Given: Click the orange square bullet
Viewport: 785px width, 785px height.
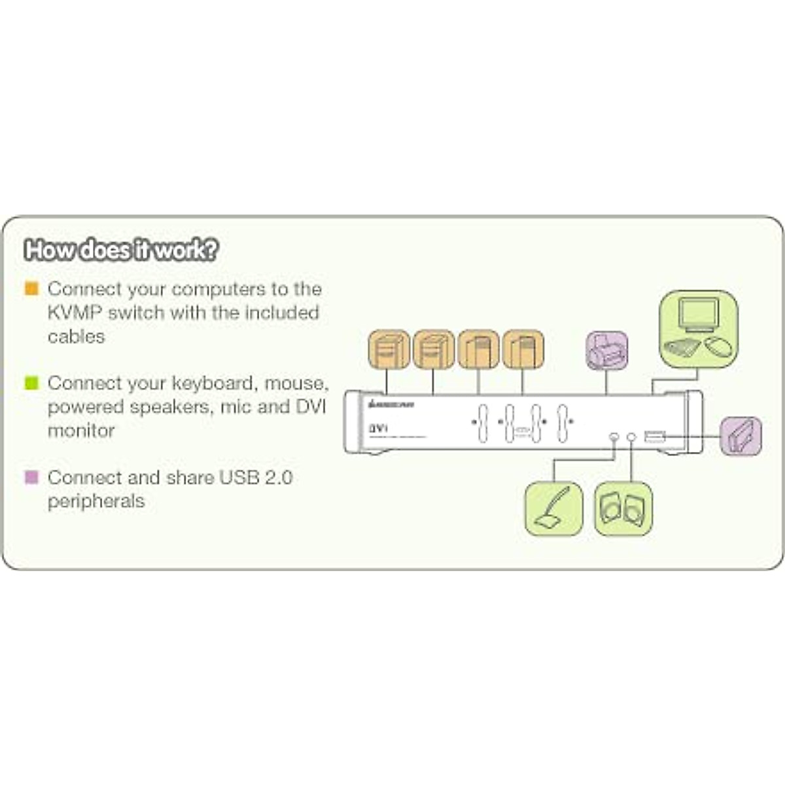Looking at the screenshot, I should point(31,288).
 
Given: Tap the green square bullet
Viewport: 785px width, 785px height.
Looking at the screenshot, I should point(31,383).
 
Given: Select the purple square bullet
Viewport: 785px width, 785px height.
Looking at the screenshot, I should point(31,477).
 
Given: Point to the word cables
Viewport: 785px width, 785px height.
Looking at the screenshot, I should point(76,336).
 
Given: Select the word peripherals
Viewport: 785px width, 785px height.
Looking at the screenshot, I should point(96,501).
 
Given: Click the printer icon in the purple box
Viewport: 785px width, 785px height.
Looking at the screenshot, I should point(606,352).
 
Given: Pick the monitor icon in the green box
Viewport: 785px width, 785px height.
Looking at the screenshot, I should point(698,315).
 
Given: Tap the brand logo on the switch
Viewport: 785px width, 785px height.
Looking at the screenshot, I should point(391,405).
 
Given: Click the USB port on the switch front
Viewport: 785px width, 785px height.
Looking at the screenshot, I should point(654,436).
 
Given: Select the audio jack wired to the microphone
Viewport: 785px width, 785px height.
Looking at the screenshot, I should point(614,436).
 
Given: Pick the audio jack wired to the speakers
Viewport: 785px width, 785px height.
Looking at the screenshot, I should point(631,436).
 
